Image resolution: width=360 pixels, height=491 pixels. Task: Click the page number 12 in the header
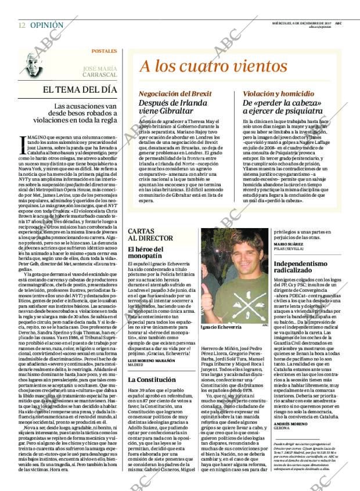(x=21, y=26)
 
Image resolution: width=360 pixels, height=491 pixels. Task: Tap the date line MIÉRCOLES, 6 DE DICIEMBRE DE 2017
(x=294, y=23)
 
